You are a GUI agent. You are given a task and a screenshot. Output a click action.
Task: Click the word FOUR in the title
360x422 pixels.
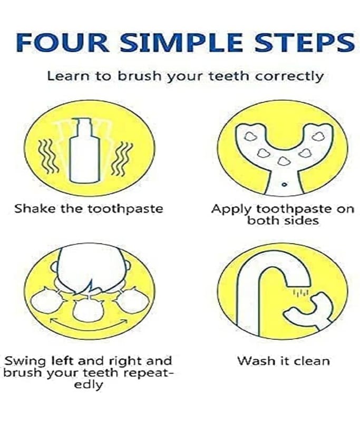coord(63,43)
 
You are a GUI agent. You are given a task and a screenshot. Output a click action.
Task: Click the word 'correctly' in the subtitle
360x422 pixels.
coord(289,76)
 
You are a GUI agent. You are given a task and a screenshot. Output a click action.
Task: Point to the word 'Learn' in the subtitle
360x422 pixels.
coord(69,76)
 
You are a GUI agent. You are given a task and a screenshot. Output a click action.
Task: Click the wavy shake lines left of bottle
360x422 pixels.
coord(48,156)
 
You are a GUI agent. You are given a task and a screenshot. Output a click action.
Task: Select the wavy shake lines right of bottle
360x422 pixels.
coord(122,159)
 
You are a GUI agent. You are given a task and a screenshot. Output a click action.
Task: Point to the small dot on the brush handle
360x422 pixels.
coord(284,184)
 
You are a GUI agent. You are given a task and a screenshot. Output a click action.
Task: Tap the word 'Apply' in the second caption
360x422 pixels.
coord(231,209)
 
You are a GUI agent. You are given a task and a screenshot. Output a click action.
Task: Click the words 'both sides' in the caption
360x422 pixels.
coord(283,220)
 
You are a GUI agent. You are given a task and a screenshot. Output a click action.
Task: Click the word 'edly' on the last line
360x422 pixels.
coord(89,385)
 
